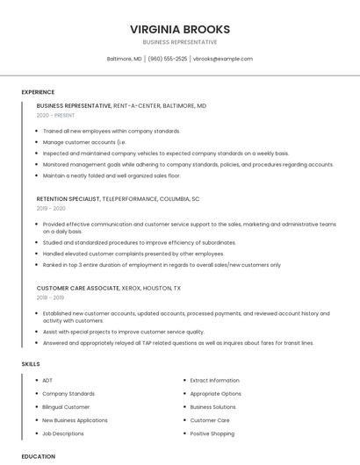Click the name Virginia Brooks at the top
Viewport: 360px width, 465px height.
pos(179,29)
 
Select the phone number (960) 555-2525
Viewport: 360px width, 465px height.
pos(167,59)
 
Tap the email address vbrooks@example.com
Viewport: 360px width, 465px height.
pos(222,59)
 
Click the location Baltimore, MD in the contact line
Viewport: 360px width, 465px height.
pos(124,59)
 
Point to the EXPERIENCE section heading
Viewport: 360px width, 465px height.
pos(38,92)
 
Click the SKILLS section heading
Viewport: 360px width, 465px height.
pos(31,364)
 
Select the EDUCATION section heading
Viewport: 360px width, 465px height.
pos(38,456)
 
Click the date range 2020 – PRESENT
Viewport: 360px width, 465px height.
pos(55,115)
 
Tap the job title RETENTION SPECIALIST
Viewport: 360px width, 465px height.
pos(75,199)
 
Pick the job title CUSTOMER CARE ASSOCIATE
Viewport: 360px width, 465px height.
pos(78,288)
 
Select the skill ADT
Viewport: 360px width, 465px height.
pos(47,381)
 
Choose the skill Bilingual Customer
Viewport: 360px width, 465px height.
pos(66,407)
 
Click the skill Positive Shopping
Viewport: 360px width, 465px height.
pos(212,433)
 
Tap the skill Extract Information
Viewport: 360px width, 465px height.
pos(214,381)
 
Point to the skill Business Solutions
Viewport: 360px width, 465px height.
pos(212,407)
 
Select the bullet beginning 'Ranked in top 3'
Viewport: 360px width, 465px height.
pos(162,264)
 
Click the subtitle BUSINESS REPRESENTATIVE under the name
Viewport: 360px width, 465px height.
pos(179,42)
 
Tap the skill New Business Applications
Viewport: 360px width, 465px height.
pos(75,420)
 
